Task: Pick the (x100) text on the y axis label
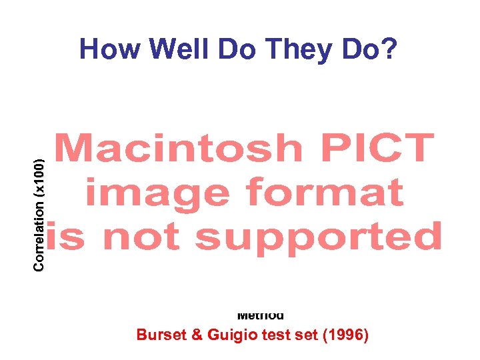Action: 39,175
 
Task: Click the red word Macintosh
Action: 179,148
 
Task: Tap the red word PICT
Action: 377,148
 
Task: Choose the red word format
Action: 325,193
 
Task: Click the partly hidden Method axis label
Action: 261,316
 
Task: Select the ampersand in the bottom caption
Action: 193,335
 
